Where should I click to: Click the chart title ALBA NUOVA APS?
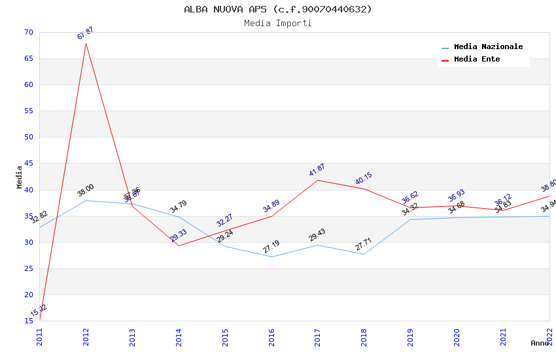[278, 9]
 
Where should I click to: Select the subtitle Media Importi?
[278, 23]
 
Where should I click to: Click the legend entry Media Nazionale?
[488, 47]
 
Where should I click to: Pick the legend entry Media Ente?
[477, 60]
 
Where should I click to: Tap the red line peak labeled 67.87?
[86, 43]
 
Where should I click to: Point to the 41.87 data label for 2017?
[317, 170]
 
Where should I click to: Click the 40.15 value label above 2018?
[364, 179]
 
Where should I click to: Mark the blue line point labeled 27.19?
[271, 257]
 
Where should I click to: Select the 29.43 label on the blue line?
[317, 236]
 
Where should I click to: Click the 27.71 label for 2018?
[364, 244]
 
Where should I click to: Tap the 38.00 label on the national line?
[86, 190]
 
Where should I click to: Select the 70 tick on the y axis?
[27, 32]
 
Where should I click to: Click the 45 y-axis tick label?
[27, 164]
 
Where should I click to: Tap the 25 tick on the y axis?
[27, 268]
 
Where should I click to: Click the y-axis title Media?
[20, 177]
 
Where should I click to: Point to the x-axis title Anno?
[540, 343]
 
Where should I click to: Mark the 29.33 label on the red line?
[179, 236]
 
